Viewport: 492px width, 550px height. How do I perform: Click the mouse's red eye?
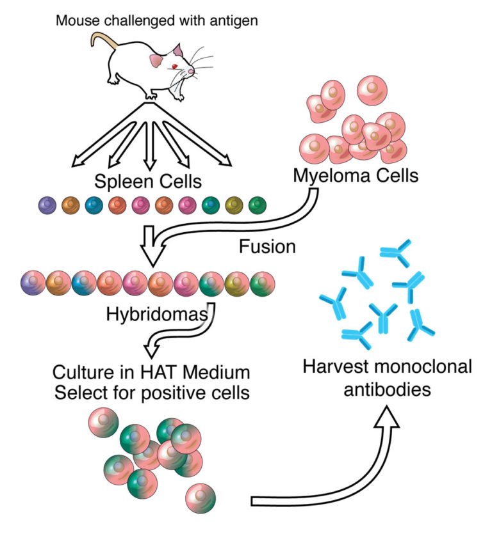[x=173, y=67]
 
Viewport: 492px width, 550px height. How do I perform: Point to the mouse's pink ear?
[x=156, y=61]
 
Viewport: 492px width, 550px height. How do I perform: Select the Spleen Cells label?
[x=148, y=181]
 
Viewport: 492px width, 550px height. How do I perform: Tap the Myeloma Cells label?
[x=356, y=175]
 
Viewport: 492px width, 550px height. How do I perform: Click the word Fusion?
[x=267, y=246]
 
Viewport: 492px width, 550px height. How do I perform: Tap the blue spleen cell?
[x=94, y=205]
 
